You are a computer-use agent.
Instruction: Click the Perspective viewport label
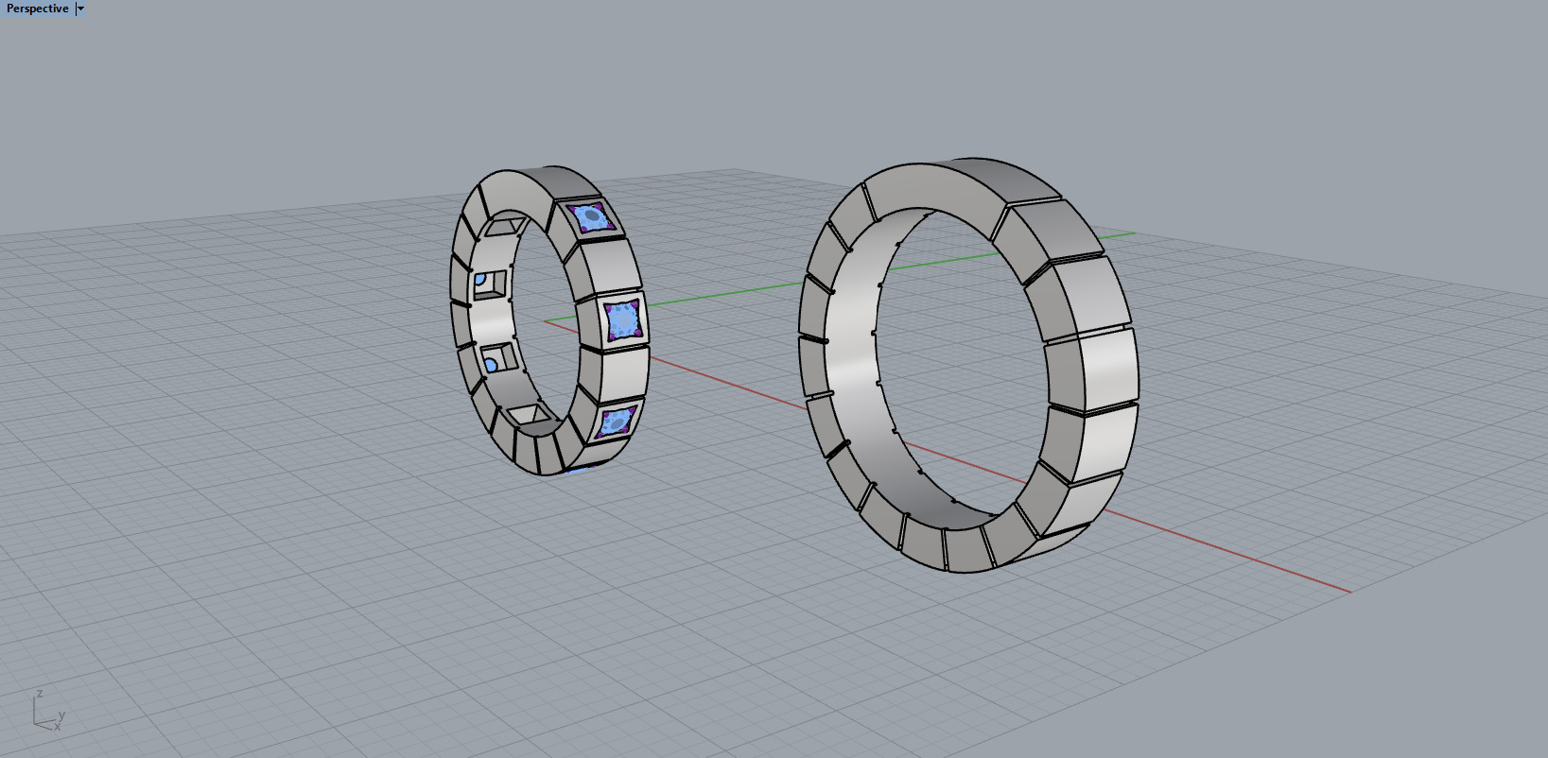coord(37,9)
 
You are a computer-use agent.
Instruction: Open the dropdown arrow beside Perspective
coord(80,9)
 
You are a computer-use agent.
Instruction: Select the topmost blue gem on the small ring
coord(593,218)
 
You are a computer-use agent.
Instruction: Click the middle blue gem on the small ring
coord(623,319)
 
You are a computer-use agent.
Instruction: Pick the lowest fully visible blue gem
coord(616,421)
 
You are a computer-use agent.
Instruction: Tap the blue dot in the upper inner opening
coord(480,280)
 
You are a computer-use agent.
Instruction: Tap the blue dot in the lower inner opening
coord(491,365)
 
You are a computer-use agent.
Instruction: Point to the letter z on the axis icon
coord(39,695)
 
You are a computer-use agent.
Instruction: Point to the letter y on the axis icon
coord(61,715)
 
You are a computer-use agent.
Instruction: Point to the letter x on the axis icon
coord(57,726)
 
